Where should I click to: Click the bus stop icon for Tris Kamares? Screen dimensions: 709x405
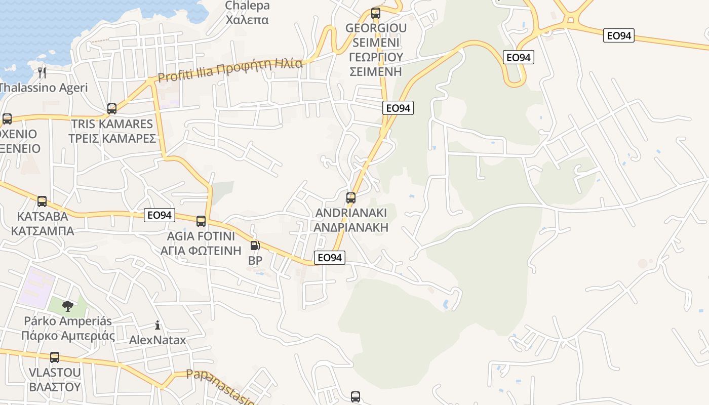click(x=112, y=108)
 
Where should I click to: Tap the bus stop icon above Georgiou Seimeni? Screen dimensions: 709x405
click(x=375, y=13)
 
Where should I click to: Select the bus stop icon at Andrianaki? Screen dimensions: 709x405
click(x=351, y=197)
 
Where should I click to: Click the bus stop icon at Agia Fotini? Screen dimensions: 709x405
click(x=201, y=221)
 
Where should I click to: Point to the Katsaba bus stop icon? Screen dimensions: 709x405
click(x=42, y=201)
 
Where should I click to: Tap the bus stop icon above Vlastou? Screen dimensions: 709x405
click(x=55, y=357)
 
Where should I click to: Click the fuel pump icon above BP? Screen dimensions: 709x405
click(x=255, y=246)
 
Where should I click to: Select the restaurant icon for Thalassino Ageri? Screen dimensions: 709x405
click(x=42, y=73)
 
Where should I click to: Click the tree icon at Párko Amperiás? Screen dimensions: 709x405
click(x=67, y=306)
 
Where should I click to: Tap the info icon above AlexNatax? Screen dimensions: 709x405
click(x=157, y=325)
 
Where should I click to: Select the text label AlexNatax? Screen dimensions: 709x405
click(x=157, y=340)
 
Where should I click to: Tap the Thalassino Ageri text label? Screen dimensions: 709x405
click(x=45, y=88)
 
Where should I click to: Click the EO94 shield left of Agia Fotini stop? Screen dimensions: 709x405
click(x=160, y=215)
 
